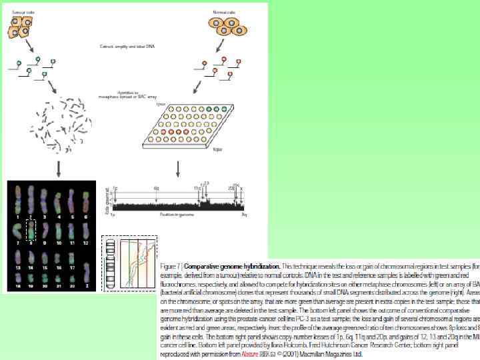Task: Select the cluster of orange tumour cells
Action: (21, 27)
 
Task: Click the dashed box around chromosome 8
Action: (30, 231)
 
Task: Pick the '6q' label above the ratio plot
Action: (157, 188)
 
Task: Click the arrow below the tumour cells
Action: (28, 46)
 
